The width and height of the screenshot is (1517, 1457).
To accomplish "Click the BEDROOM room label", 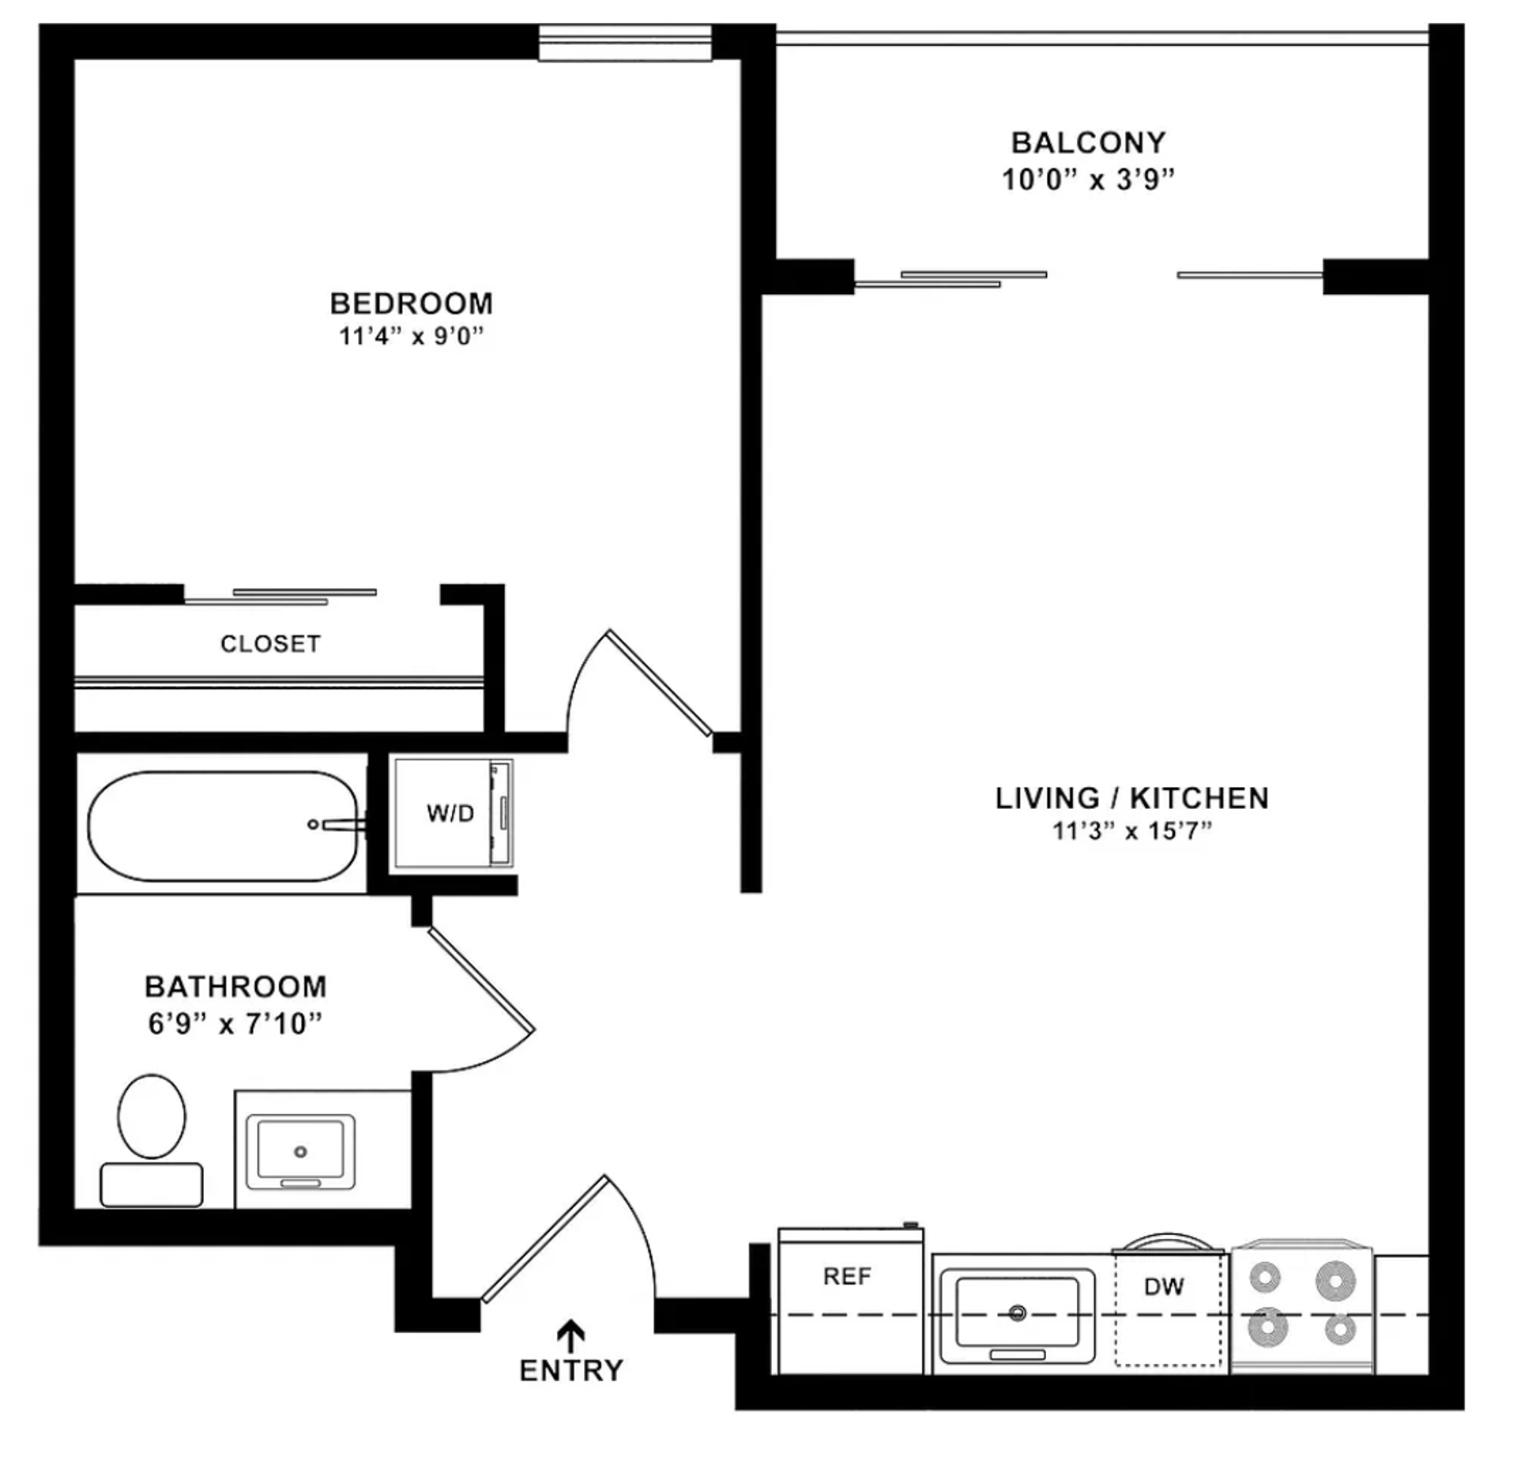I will click(411, 303).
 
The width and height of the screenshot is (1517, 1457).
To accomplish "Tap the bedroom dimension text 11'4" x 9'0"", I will click(411, 337).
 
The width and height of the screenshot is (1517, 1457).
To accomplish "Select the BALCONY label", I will click(1088, 143).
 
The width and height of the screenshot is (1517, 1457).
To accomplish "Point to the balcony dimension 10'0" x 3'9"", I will click(1088, 180).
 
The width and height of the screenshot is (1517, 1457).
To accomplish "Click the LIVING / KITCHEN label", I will click(1131, 798).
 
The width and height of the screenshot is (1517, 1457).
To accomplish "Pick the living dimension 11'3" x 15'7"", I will click(1131, 831).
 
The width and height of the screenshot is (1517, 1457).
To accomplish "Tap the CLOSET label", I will click(270, 644).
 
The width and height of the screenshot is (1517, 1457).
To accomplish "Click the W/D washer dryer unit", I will click(450, 813).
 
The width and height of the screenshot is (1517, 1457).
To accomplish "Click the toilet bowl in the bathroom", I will click(152, 1116).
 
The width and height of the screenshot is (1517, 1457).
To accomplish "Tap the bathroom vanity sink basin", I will click(300, 1152).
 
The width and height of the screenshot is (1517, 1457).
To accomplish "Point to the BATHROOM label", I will click(235, 987).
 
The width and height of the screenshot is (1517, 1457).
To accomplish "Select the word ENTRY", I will click(570, 1370).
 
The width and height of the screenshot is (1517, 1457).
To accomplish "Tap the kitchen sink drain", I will click(1018, 1313).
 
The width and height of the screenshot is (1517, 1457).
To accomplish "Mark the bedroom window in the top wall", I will click(625, 42).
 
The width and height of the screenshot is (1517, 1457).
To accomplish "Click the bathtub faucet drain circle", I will click(313, 825).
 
